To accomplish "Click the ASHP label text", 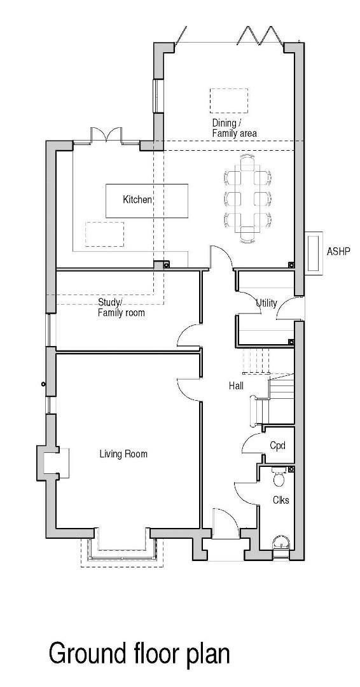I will (x=338, y=251).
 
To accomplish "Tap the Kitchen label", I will (x=137, y=200).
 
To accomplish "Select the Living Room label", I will (x=123, y=454).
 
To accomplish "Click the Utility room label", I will (x=267, y=303).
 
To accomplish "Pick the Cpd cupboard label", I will (x=277, y=445).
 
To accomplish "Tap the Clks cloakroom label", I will (x=280, y=500).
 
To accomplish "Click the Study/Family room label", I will (x=121, y=307).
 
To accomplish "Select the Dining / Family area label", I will (x=234, y=128).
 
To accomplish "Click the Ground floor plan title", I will (x=139, y=653).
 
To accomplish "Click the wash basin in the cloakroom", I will (x=280, y=543).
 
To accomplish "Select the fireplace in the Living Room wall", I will (x=52, y=461).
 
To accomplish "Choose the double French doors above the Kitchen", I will (x=106, y=135).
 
